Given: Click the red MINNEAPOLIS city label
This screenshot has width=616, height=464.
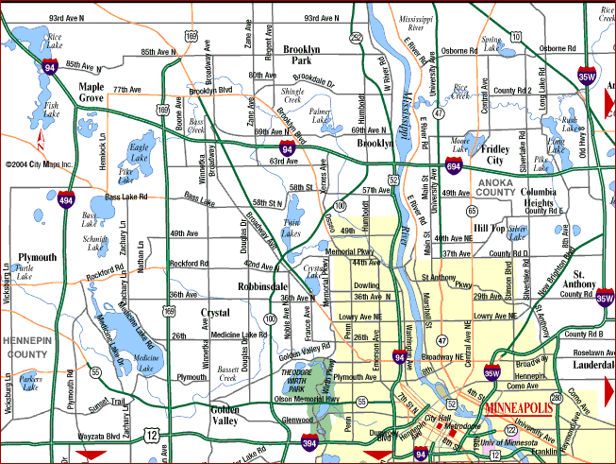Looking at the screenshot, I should click(x=519, y=409).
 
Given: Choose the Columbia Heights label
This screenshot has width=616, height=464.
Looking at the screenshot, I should click(x=544, y=198).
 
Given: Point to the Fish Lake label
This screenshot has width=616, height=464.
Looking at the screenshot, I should click(x=51, y=112).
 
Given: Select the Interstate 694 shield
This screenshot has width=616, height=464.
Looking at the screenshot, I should click(x=453, y=166).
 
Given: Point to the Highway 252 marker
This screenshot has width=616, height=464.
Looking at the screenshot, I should click(x=356, y=38).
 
